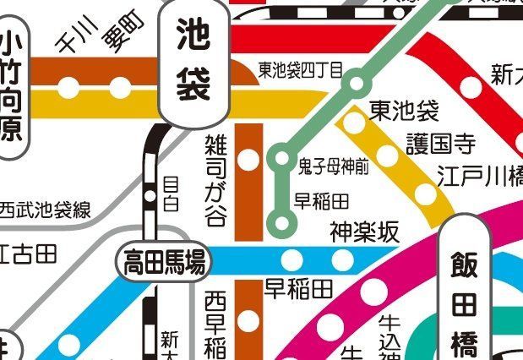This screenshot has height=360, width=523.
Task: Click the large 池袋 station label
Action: (x=193, y=59)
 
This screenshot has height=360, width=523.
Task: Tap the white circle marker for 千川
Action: (x=70, y=87)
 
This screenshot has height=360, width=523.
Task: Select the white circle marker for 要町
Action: (x=121, y=87)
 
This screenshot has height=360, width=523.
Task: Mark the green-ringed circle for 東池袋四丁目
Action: (x=357, y=84)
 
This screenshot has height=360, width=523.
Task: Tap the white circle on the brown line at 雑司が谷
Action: (x=249, y=159)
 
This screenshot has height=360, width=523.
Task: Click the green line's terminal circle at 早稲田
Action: (x=281, y=223)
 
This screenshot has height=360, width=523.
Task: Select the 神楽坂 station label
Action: (x=363, y=232)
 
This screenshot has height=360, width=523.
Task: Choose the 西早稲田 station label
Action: (x=215, y=325)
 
